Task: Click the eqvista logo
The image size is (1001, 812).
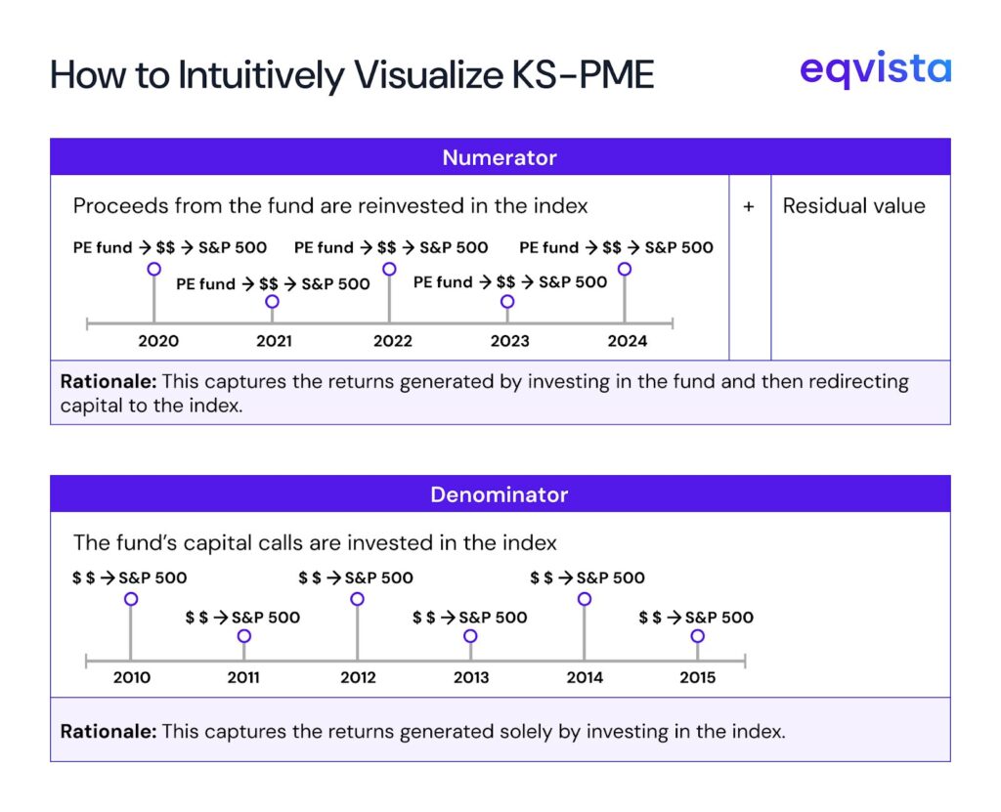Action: pyautogui.click(x=875, y=70)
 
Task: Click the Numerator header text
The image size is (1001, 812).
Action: pyautogui.click(x=500, y=157)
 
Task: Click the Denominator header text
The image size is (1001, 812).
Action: pyautogui.click(x=500, y=494)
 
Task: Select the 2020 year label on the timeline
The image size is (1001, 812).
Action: pyautogui.click(x=158, y=341)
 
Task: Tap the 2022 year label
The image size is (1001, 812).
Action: pyautogui.click(x=393, y=341)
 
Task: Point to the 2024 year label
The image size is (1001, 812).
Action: pyautogui.click(x=628, y=341)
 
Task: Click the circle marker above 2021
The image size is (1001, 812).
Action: pyautogui.click(x=272, y=302)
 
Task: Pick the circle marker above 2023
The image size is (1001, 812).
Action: pyautogui.click(x=507, y=302)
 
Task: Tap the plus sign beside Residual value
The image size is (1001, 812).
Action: pyautogui.click(x=749, y=207)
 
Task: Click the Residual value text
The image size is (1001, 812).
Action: pyautogui.click(x=853, y=206)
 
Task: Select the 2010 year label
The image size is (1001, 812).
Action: pyautogui.click(x=132, y=677)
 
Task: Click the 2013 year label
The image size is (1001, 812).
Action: pyautogui.click(x=471, y=677)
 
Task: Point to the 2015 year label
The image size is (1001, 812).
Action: pyautogui.click(x=697, y=677)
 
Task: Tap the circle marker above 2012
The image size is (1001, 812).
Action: pyautogui.click(x=357, y=599)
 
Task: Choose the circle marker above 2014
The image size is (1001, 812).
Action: pyautogui.click(x=584, y=599)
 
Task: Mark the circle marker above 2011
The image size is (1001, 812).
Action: pyautogui.click(x=244, y=636)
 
